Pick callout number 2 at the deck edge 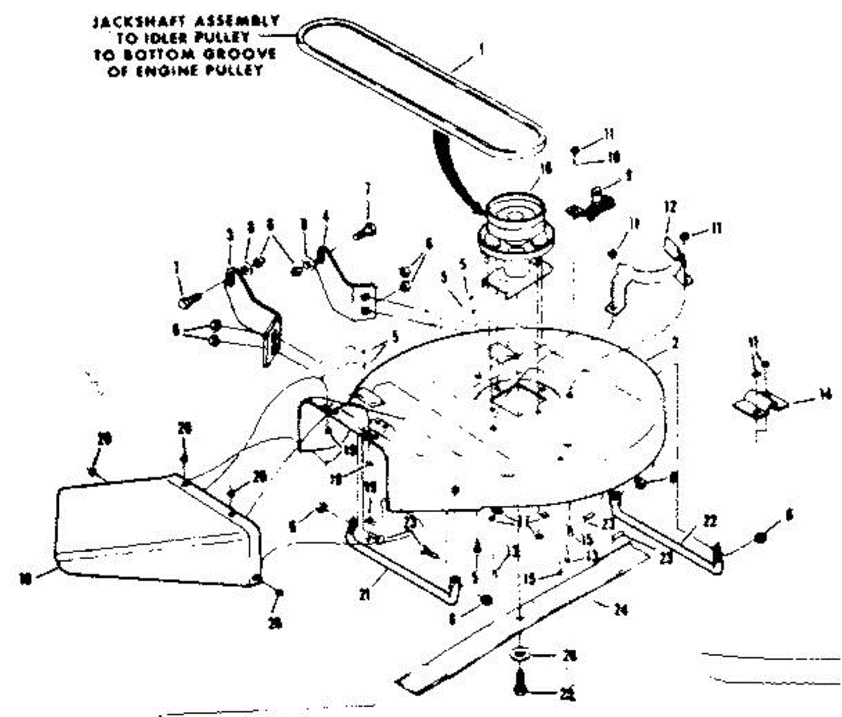point(655,344)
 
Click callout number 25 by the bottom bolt point(567,695)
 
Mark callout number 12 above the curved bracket point(670,206)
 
